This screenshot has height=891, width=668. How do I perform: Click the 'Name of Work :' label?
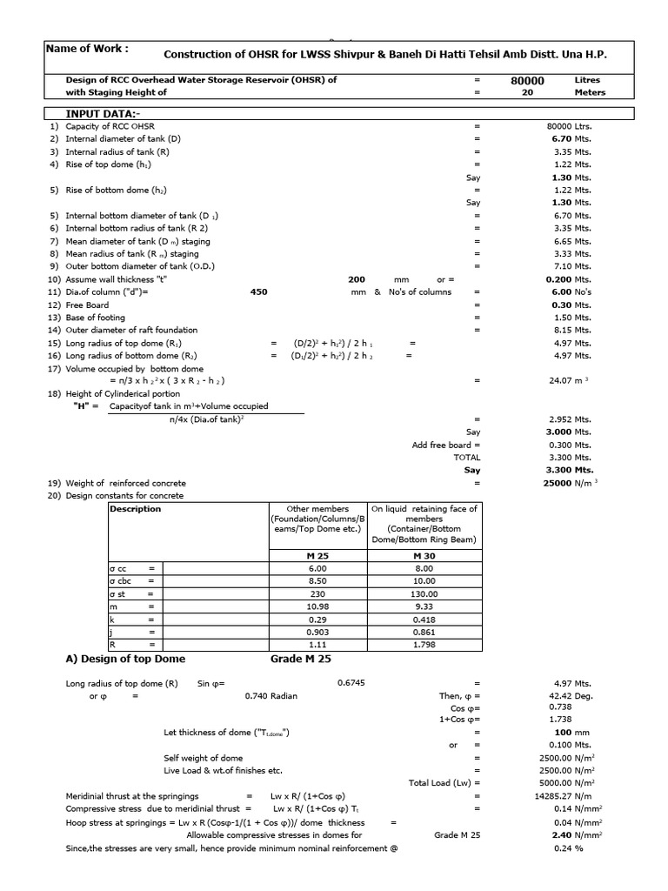click(87, 49)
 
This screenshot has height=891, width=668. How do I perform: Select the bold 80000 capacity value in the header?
click(526, 81)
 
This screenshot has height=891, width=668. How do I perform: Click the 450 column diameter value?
click(258, 292)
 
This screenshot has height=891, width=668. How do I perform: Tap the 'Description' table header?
click(136, 509)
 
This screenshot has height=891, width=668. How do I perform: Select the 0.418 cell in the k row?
click(424, 620)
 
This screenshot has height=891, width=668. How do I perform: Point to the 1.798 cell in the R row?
click(424, 645)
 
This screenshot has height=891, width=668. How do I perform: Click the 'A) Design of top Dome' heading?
click(126, 660)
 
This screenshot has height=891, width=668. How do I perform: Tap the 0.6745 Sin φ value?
click(351, 683)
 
